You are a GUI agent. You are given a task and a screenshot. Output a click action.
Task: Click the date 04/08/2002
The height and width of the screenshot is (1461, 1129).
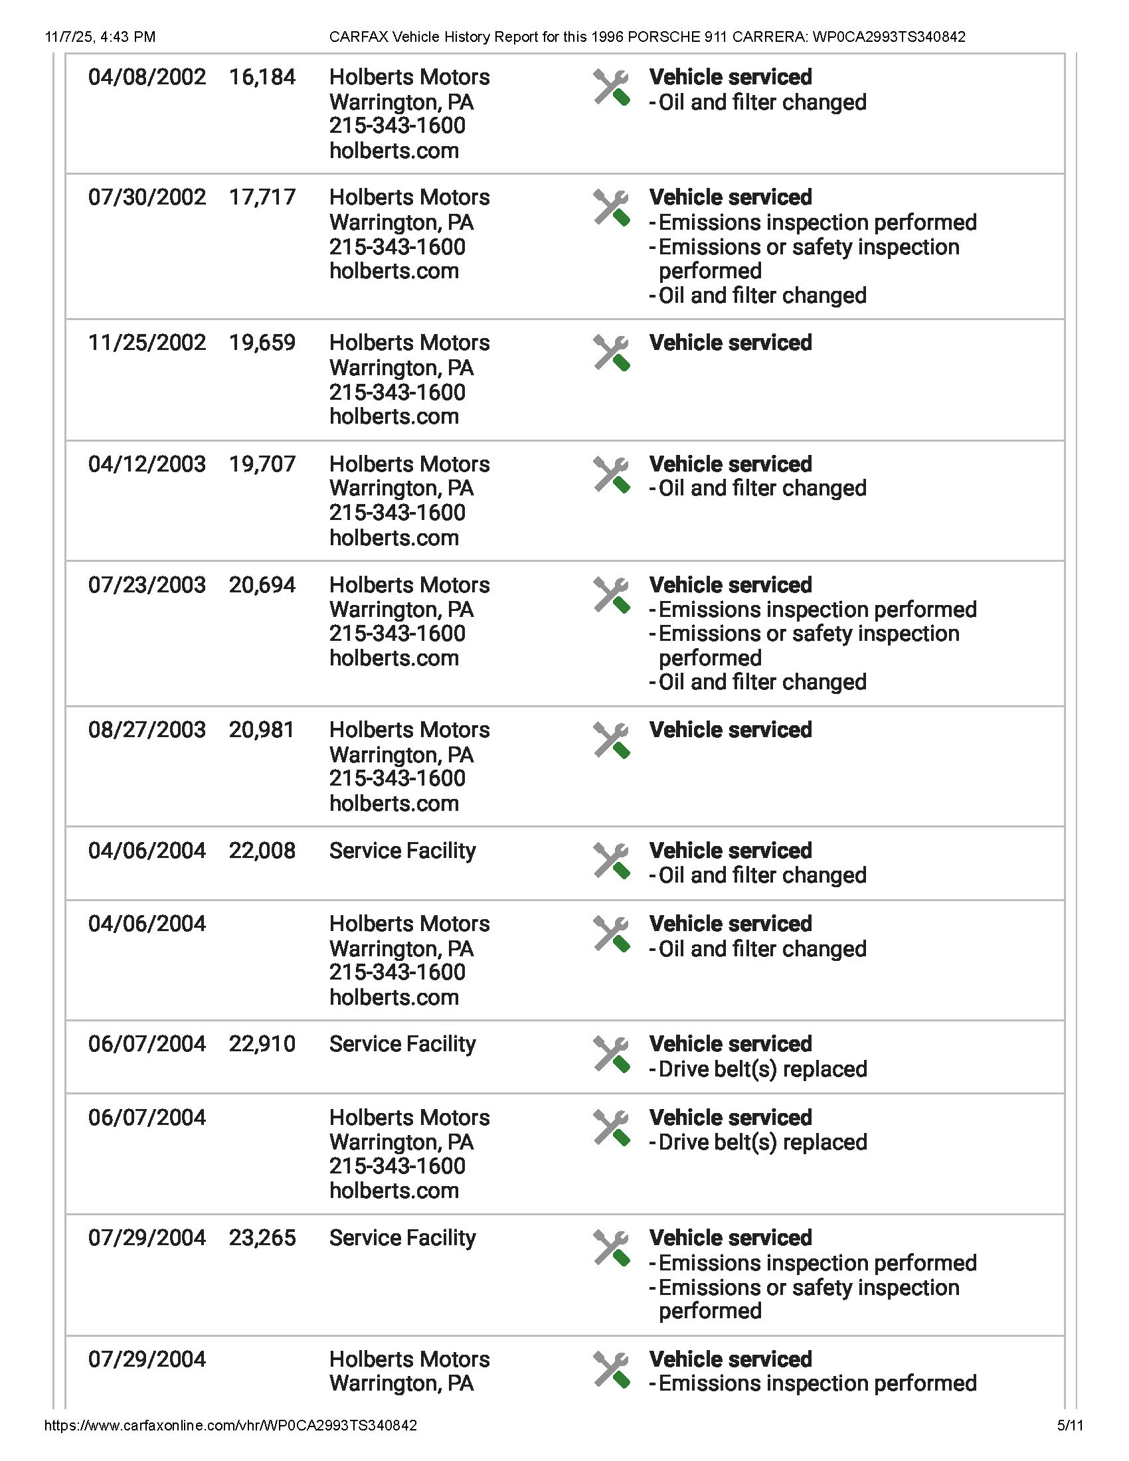(147, 78)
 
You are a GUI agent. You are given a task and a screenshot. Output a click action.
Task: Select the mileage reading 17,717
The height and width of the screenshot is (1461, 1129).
(262, 197)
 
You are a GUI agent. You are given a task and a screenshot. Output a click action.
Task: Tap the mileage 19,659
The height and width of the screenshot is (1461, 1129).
(262, 343)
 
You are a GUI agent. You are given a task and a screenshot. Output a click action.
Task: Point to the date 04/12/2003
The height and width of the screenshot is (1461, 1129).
(147, 464)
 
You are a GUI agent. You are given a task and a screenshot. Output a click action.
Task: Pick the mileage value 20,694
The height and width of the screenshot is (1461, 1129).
(262, 585)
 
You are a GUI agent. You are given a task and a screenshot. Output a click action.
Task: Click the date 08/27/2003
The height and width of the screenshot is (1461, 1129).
(147, 730)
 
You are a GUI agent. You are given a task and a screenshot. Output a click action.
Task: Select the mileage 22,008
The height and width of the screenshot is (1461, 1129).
(262, 851)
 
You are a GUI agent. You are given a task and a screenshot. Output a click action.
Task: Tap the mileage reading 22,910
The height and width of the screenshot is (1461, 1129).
(262, 1044)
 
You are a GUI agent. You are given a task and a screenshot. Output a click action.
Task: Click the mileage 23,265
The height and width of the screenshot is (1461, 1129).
(262, 1239)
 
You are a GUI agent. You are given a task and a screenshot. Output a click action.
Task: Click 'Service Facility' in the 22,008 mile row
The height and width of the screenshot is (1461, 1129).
(402, 851)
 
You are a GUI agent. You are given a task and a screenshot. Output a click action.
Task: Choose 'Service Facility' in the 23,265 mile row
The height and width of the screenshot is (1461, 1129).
(402, 1239)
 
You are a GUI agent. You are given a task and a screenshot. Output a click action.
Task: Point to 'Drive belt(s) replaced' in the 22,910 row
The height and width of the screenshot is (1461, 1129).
(762, 1069)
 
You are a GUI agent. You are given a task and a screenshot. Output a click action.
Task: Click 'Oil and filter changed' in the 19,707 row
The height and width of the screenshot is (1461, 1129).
(762, 488)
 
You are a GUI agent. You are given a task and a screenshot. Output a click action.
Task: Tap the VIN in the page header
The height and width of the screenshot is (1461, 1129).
(889, 37)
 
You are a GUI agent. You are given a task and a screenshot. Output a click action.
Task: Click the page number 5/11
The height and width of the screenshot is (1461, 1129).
(1070, 1426)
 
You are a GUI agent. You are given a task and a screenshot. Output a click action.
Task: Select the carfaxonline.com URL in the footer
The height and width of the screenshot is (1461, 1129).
(230, 1426)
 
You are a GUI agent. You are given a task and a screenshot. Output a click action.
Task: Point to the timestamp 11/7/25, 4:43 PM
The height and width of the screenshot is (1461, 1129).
(100, 37)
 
